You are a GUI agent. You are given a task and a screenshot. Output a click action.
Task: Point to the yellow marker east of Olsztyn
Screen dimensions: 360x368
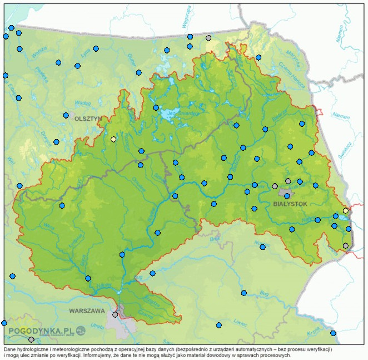[113, 139]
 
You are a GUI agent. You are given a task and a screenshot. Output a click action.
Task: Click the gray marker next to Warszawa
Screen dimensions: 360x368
[115, 314]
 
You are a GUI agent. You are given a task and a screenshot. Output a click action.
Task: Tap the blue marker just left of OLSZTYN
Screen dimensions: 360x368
[66, 116]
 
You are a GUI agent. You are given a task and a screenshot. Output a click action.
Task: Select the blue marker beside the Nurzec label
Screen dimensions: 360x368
[262, 247]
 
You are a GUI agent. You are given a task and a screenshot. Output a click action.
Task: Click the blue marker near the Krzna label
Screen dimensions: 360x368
[333, 333]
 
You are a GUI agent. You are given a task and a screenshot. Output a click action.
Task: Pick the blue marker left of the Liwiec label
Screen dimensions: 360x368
[218, 325]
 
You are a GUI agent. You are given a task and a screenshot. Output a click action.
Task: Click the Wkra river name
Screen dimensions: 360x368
[49, 226]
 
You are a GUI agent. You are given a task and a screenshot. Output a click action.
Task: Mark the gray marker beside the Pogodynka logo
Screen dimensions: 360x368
[31, 339]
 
